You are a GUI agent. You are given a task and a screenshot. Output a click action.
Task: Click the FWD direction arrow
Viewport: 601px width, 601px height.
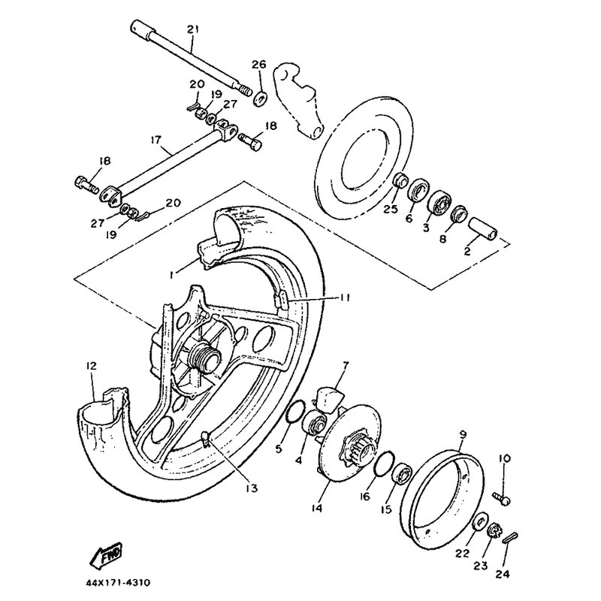[x=105, y=554]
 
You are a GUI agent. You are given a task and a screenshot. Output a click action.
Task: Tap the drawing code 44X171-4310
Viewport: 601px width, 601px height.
[x=118, y=583]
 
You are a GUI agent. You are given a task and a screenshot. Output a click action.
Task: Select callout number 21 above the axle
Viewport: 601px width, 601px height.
[x=193, y=29]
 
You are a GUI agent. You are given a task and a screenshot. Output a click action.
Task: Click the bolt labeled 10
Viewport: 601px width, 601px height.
[x=502, y=498]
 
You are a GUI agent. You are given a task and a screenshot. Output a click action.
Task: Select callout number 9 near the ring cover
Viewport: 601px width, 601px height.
[x=463, y=435]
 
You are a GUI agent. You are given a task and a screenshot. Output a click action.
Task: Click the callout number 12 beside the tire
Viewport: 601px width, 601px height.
[x=91, y=366]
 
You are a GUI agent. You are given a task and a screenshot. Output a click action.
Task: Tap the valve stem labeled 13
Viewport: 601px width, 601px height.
[x=205, y=439]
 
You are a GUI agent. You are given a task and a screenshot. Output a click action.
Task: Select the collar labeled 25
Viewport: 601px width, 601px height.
[x=400, y=180]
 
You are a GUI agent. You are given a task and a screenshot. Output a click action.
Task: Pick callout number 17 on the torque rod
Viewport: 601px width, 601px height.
[x=156, y=139]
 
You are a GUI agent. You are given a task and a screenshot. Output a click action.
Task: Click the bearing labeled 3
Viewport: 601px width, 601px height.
[x=439, y=203]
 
